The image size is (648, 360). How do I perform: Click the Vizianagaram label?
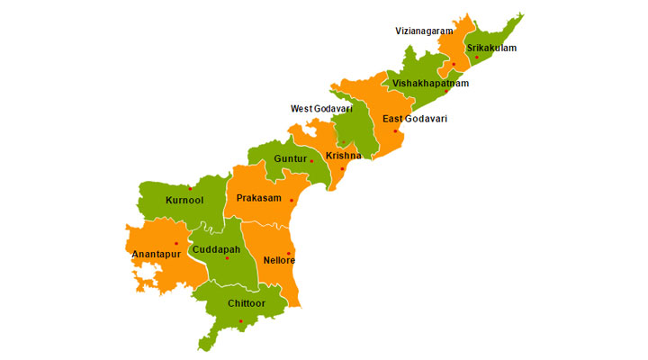point(424,31)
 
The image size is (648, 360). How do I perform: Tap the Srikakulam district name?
point(491,48)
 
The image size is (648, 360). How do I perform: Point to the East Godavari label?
point(414,119)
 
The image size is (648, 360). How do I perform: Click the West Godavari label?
point(321,109)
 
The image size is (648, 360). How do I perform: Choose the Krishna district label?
point(343,156)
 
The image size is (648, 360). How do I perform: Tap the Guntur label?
point(290,158)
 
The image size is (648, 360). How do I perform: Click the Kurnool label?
point(184,199)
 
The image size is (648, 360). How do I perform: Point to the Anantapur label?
point(157,254)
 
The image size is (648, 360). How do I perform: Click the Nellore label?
point(279,260)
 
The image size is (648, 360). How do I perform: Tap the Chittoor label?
point(247,303)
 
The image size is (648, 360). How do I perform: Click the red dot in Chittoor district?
point(240,321)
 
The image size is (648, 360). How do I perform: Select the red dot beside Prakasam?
point(292,201)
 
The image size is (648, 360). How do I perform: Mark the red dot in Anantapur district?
point(175,243)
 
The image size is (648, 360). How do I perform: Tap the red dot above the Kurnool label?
point(190,188)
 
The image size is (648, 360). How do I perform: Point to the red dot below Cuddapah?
point(227,258)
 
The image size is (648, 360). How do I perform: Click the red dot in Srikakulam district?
point(477,58)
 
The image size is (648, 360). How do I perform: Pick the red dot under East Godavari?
point(395,131)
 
